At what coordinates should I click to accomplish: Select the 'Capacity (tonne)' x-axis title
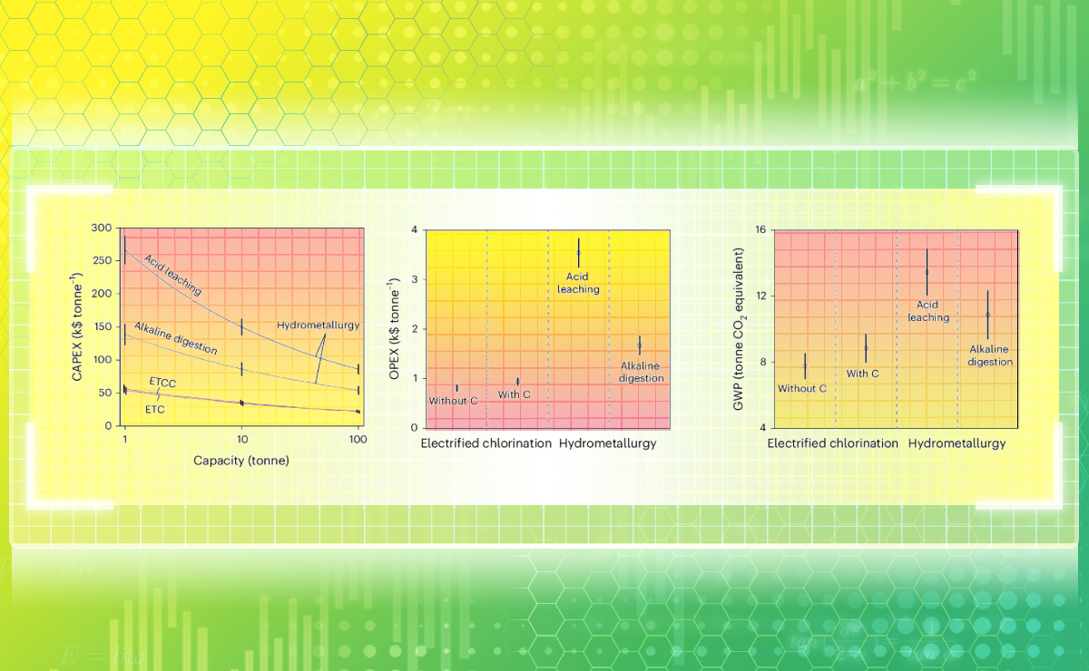pos(241,460)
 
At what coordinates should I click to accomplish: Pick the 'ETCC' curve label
pos(162,384)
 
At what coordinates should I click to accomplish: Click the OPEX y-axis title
pos(397,327)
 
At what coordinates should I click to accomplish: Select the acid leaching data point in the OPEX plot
pos(578,252)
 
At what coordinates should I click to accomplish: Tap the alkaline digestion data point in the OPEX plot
pos(639,345)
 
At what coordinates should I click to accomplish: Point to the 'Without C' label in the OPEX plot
pos(453,400)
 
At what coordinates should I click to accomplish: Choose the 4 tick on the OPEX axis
pos(415,229)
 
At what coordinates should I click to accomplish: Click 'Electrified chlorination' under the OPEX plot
pos(486,444)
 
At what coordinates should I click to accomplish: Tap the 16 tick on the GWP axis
pos(760,229)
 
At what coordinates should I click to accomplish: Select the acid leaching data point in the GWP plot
pos(927,271)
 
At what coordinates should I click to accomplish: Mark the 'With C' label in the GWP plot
pos(863,373)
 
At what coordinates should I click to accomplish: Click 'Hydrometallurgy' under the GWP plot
pos(957,444)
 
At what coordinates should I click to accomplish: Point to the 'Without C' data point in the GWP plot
pos(804,365)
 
